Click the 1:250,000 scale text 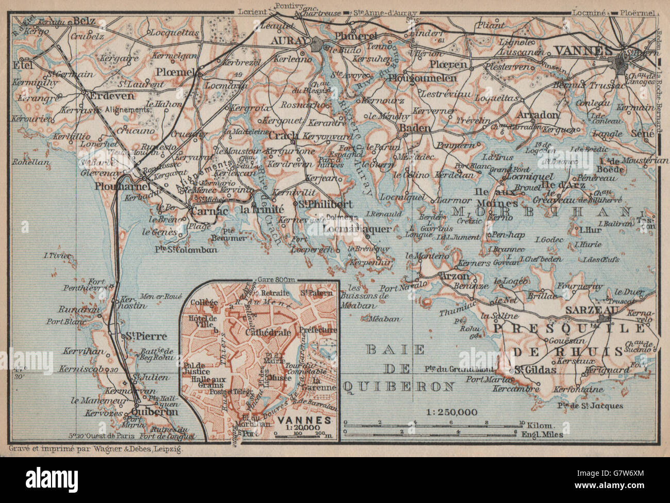click(452, 412)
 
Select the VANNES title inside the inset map click(298, 420)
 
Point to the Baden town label click(414, 125)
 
